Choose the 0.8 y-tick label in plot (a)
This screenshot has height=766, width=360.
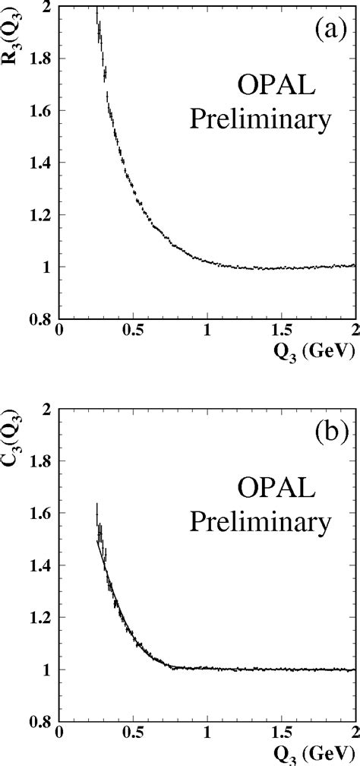(x=41, y=319)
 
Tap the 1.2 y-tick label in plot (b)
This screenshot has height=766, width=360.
(x=41, y=619)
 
